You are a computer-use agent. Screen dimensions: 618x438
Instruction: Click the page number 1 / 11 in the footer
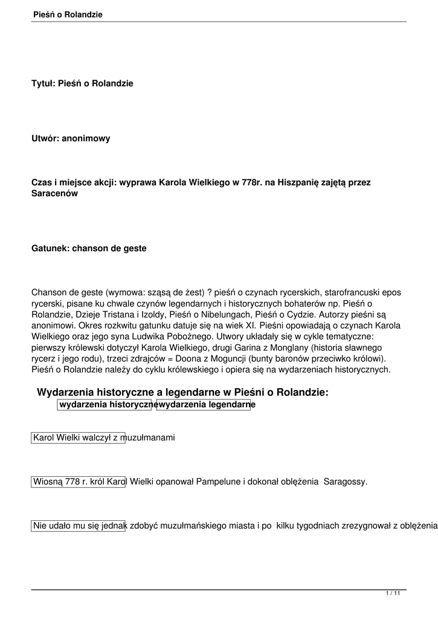pos(393,594)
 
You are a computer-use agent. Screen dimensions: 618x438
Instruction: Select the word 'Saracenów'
pos(55,193)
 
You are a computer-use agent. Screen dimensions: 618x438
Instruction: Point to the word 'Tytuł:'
pos(43,84)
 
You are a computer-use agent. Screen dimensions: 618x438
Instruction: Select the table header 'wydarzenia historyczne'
pos(106,404)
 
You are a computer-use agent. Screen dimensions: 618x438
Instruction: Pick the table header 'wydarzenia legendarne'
pos(204,404)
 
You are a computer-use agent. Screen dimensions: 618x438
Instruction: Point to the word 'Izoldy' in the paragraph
pos(149,314)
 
